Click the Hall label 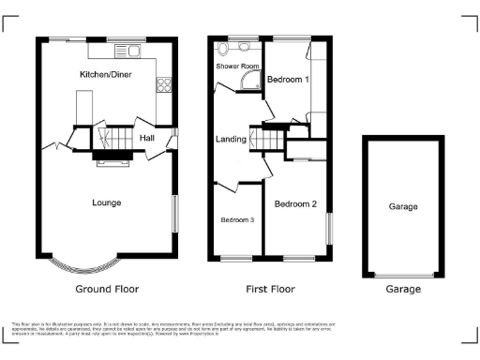[147, 139]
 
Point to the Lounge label [106, 202]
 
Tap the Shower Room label [237, 67]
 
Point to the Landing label [231, 140]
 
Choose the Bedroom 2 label [295, 204]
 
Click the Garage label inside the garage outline [403, 206]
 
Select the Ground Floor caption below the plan [106, 289]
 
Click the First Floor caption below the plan [270, 289]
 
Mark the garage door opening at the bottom [403, 275]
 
